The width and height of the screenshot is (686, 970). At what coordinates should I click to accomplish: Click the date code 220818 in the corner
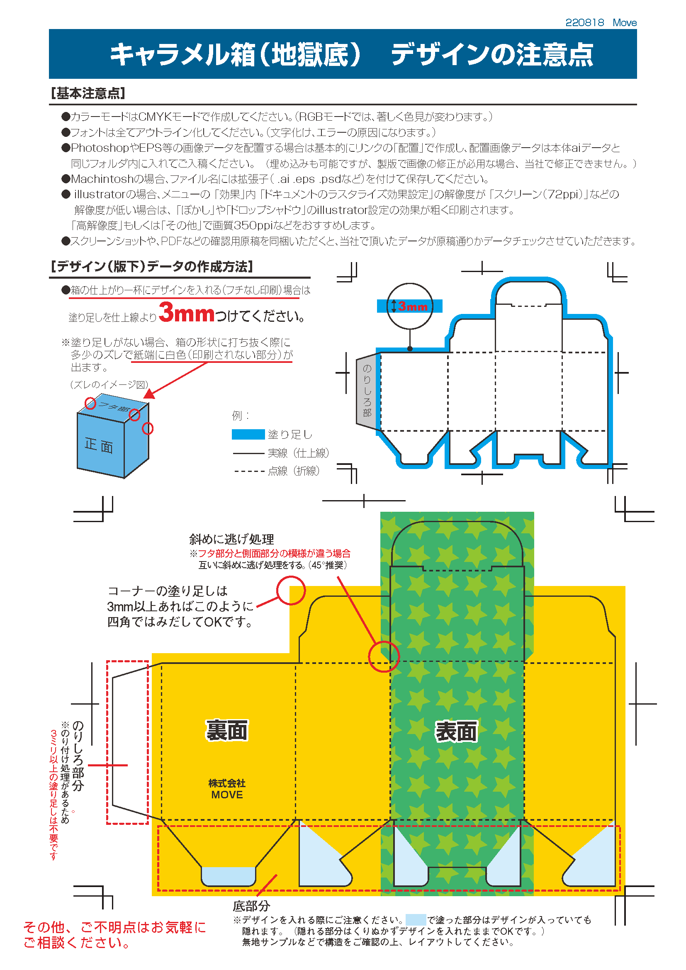(585, 22)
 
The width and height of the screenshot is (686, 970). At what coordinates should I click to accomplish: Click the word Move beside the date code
(625, 22)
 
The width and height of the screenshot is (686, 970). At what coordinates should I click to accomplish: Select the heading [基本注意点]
(88, 93)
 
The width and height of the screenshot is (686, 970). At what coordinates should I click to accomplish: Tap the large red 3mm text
(187, 313)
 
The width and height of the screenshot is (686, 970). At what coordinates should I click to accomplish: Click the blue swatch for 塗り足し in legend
(248, 434)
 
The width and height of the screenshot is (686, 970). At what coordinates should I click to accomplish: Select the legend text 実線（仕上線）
(298, 453)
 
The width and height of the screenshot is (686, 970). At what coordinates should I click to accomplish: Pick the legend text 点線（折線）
(294, 471)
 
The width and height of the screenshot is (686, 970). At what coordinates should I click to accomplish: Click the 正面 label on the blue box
(99, 445)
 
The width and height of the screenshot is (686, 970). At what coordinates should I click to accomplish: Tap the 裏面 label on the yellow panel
(227, 730)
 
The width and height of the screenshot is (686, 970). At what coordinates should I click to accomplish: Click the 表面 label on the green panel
(456, 732)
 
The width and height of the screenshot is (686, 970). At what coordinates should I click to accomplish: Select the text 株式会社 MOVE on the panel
(227, 789)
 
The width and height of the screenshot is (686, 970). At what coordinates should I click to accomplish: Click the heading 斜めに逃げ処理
(231, 539)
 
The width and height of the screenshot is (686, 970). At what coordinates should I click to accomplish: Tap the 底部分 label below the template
(251, 906)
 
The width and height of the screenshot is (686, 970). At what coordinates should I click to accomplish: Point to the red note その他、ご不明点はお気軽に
(114, 927)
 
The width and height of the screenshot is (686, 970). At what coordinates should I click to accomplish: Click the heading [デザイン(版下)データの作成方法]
(152, 267)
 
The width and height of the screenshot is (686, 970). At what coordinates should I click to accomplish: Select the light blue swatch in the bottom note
(416, 920)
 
